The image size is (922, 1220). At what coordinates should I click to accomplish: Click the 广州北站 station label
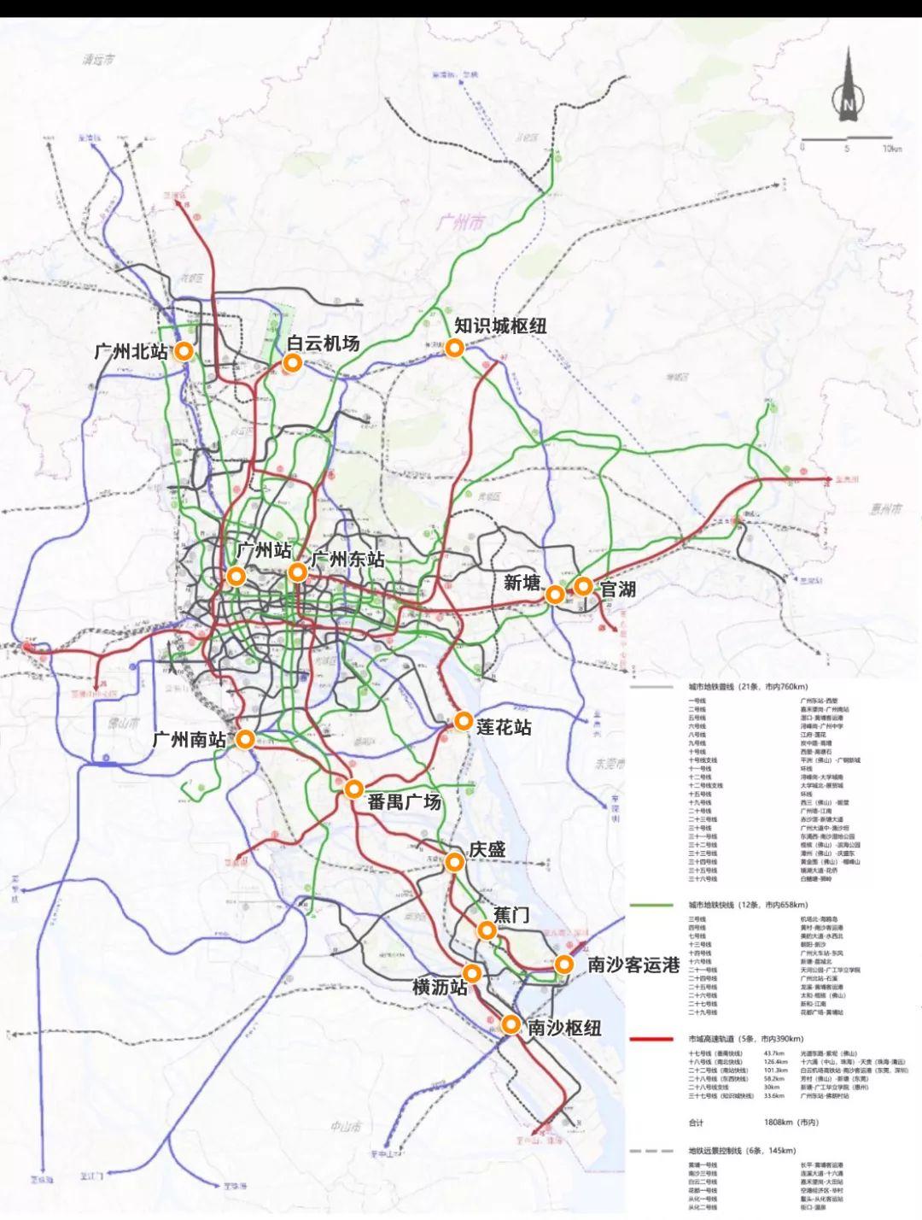point(131,351)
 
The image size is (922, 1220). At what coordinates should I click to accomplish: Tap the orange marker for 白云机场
point(292,364)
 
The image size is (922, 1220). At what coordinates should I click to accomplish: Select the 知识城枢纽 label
point(500,326)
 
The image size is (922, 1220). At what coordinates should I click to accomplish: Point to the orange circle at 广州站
point(236,577)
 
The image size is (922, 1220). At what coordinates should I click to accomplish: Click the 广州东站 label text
point(347,560)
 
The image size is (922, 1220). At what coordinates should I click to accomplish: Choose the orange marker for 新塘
point(555,594)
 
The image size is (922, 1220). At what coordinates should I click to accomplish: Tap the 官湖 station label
point(617,588)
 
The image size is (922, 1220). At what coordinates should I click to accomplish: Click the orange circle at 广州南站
point(246,741)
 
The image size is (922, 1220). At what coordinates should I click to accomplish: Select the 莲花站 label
point(504,727)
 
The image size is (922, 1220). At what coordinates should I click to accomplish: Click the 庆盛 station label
point(487,849)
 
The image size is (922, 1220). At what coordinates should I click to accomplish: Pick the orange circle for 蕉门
point(487,931)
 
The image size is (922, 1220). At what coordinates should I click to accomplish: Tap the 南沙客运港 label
point(633,965)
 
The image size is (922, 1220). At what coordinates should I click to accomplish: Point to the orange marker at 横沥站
point(472,973)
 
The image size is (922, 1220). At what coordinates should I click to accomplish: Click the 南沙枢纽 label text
point(564,1028)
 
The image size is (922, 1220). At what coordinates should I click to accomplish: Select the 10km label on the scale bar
point(893,149)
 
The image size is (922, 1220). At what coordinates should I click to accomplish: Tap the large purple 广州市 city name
point(458,223)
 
